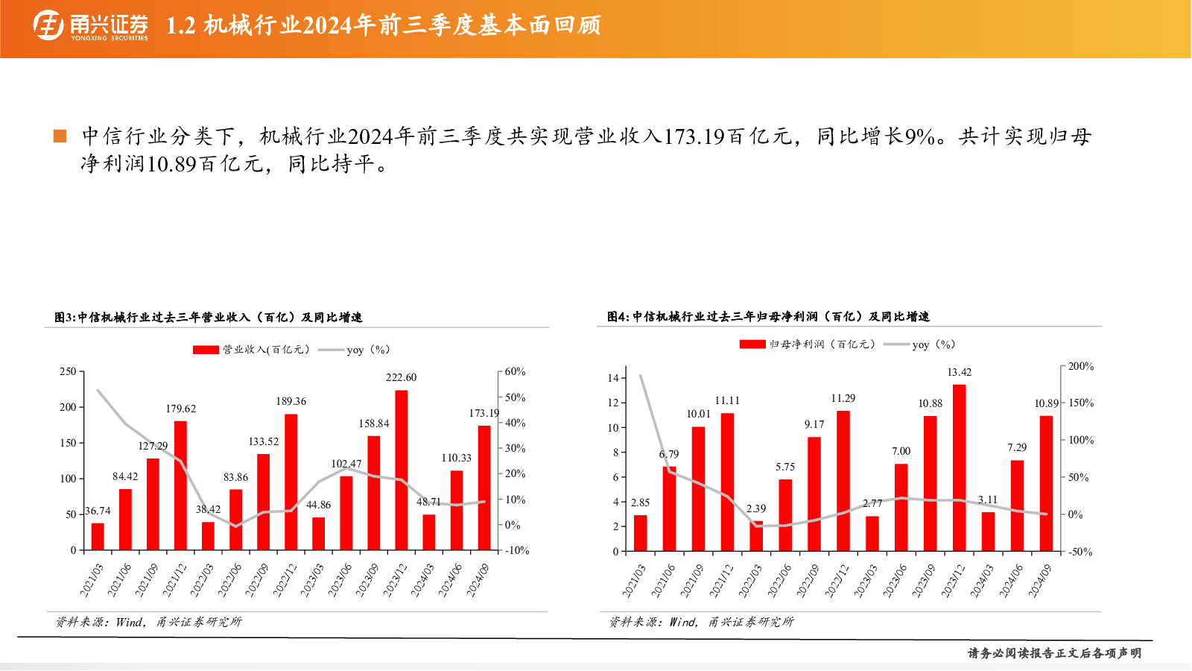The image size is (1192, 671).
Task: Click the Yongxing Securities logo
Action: (x=90, y=25)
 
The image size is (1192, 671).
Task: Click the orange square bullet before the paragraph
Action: (x=60, y=136)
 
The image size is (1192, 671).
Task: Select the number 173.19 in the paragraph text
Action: (x=694, y=137)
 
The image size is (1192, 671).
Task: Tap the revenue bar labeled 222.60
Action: (x=402, y=470)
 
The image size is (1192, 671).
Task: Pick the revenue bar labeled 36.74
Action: (x=98, y=537)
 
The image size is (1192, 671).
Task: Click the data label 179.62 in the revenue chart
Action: (x=181, y=409)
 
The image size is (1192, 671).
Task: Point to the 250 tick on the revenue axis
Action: (x=68, y=371)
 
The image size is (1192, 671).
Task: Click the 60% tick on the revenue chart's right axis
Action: (x=515, y=371)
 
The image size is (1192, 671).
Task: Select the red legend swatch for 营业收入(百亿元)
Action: (x=206, y=350)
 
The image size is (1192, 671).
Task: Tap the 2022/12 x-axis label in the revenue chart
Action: (x=285, y=579)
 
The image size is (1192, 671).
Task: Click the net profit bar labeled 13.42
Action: (x=959, y=467)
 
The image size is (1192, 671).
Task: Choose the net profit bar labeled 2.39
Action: (x=756, y=536)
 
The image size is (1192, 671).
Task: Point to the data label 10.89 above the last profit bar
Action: (x=1046, y=403)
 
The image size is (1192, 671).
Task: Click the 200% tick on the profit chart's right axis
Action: (x=1081, y=366)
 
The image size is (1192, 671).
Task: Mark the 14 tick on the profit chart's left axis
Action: (x=613, y=378)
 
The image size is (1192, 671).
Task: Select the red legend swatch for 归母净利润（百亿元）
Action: (x=752, y=344)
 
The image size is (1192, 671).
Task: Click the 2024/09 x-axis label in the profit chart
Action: (x=1040, y=581)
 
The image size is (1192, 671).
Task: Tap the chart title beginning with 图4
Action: (x=768, y=317)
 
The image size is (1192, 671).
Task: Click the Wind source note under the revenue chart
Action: (x=148, y=622)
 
